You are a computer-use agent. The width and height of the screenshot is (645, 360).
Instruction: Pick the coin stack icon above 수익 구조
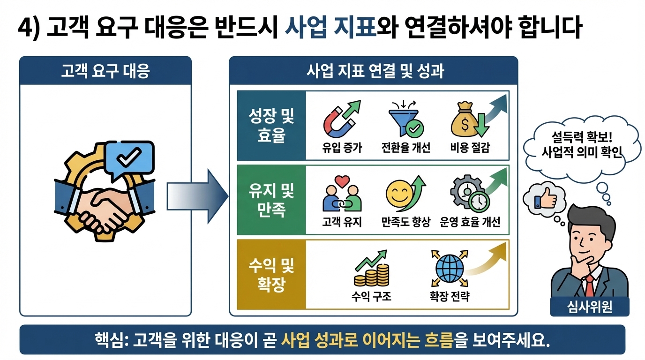370,272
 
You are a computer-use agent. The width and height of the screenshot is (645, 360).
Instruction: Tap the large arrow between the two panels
197,196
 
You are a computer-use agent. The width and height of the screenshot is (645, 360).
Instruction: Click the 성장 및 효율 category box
271,126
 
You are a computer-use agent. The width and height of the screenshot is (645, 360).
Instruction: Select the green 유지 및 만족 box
271,199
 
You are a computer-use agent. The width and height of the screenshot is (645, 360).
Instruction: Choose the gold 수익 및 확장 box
271,274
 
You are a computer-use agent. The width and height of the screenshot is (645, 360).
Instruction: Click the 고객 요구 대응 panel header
105,72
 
